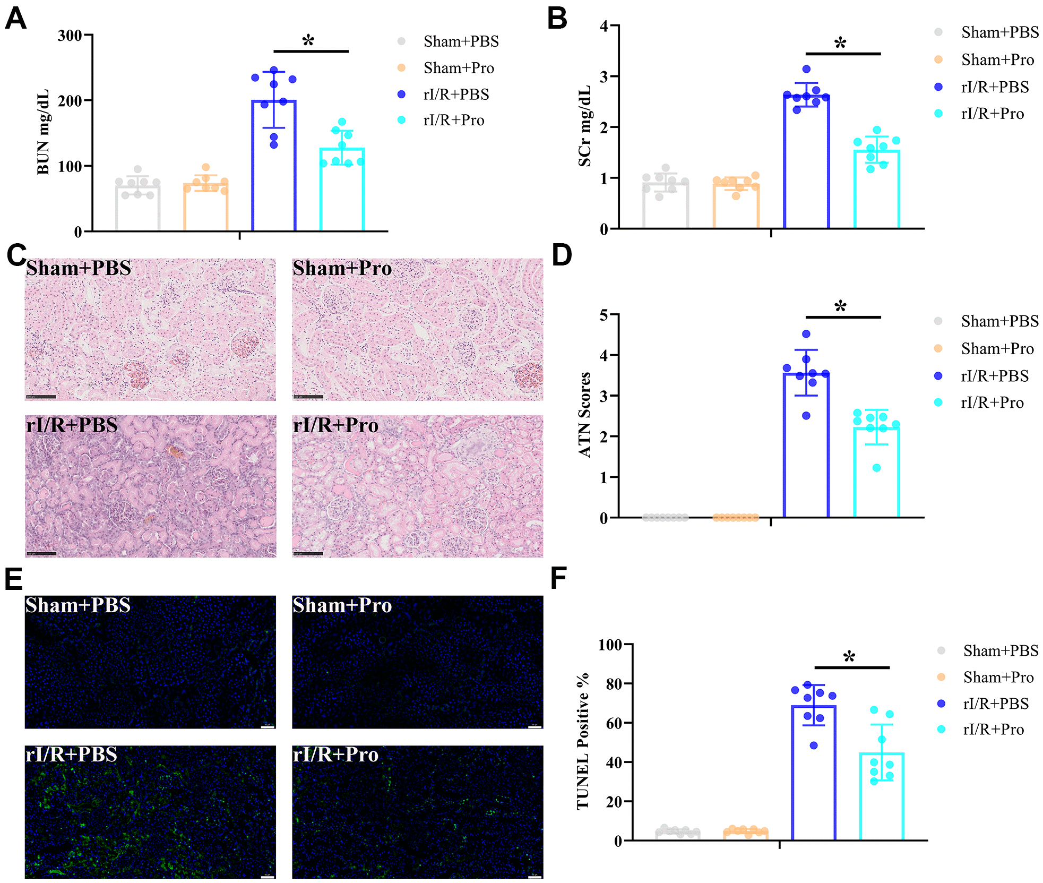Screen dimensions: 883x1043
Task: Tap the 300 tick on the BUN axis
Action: point(70,36)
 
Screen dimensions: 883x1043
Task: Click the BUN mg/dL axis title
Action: point(43,132)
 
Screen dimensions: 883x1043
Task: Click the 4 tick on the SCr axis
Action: point(604,26)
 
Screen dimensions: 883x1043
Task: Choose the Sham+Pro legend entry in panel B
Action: point(997,60)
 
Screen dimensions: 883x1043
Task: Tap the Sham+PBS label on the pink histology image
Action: point(79,269)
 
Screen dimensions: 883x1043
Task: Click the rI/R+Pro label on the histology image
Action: point(335,426)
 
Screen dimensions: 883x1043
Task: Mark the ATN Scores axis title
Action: point(585,415)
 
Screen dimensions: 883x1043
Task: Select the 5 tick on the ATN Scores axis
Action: point(604,315)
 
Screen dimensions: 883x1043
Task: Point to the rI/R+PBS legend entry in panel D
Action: point(994,376)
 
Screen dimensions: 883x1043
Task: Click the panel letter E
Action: point(13,579)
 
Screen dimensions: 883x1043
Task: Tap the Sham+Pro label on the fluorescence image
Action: point(342,606)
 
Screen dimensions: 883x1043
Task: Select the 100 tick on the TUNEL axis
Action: point(610,645)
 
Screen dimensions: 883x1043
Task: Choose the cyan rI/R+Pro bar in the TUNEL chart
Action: point(882,796)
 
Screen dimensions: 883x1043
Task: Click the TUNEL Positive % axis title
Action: point(583,741)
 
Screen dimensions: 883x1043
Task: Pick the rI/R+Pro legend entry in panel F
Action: point(993,730)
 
